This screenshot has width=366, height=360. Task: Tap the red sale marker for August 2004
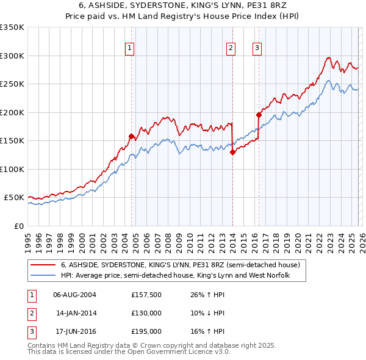[131, 136]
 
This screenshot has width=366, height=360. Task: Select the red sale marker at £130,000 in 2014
[232, 153]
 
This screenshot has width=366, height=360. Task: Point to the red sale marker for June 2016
[259, 114]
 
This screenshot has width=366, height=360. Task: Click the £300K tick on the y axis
[12, 56]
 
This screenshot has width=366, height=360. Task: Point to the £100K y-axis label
[12, 169]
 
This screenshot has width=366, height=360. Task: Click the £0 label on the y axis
[18, 226]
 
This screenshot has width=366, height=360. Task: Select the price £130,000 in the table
[146, 313]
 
